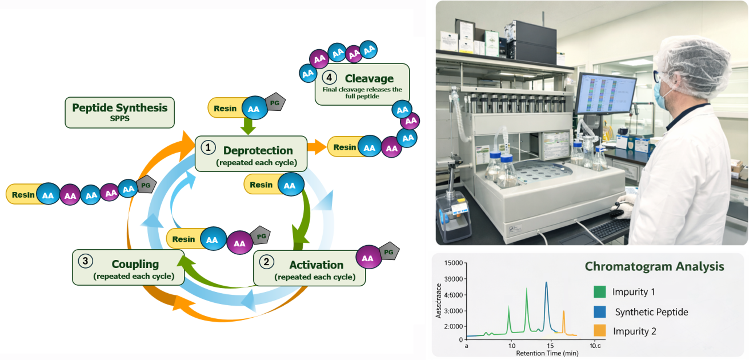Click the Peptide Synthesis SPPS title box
pyautogui.click(x=119, y=112)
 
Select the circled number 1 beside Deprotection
pyautogui.click(x=209, y=147)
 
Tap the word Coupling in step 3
pyautogui.click(x=135, y=264)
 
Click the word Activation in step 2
pyautogui.click(x=316, y=265)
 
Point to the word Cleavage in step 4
pyautogui.click(x=369, y=78)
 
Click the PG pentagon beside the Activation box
pyautogui.click(x=389, y=251)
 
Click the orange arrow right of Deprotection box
pyautogui.click(x=317, y=147)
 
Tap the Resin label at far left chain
pyautogui.click(x=23, y=194)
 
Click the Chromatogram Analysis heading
pyautogui.click(x=654, y=266)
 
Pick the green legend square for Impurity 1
pyautogui.click(x=599, y=292)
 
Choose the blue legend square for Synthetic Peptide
pyautogui.click(x=599, y=311)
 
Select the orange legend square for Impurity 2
pyautogui.click(x=599, y=331)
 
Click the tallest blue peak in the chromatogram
pyautogui.click(x=546, y=284)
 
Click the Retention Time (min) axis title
pyautogui.click(x=547, y=353)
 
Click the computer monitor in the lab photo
pyautogui.click(x=605, y=94)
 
